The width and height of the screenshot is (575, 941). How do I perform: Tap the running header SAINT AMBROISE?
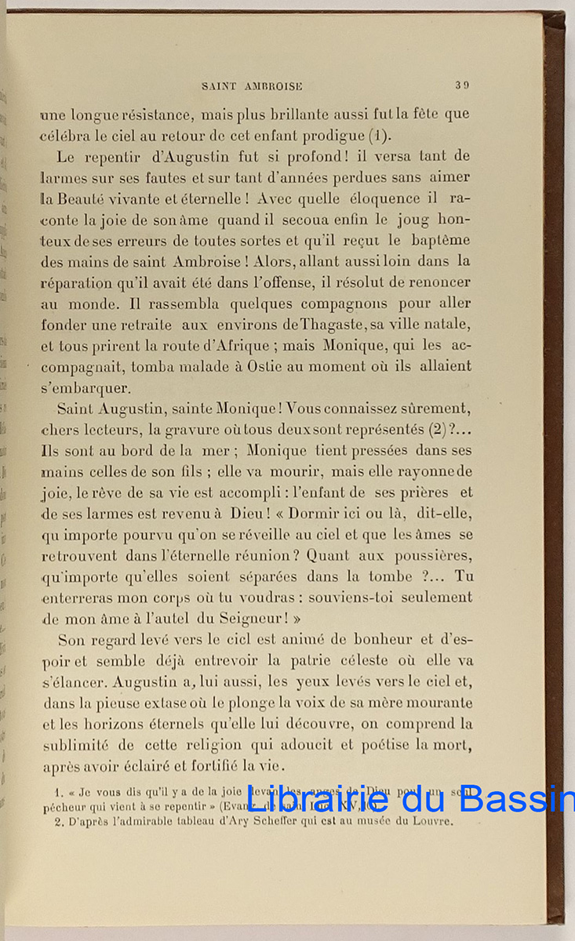click(252, 86)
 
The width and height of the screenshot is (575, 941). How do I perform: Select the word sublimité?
click(82, 745)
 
